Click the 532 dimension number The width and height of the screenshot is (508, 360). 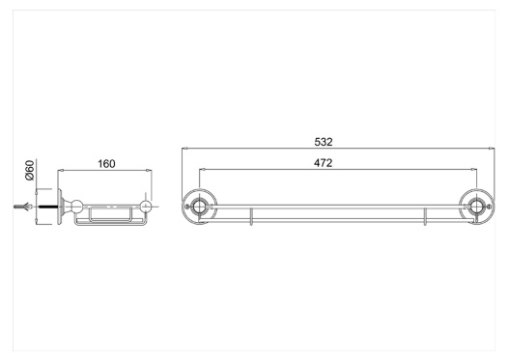[324, 142]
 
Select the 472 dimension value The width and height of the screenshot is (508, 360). [323, 163]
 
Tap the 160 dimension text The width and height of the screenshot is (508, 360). [106, 164]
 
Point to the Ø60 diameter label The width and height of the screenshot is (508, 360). [30, 170]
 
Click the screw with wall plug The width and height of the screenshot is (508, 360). [22, 207]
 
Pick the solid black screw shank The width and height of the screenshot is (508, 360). [47, 207]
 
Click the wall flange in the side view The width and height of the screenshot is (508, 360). [60, 207]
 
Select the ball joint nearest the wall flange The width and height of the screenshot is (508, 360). [77, 207]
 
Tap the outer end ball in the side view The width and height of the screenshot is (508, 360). [146, 207]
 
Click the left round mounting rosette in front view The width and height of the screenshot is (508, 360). [200, 207]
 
